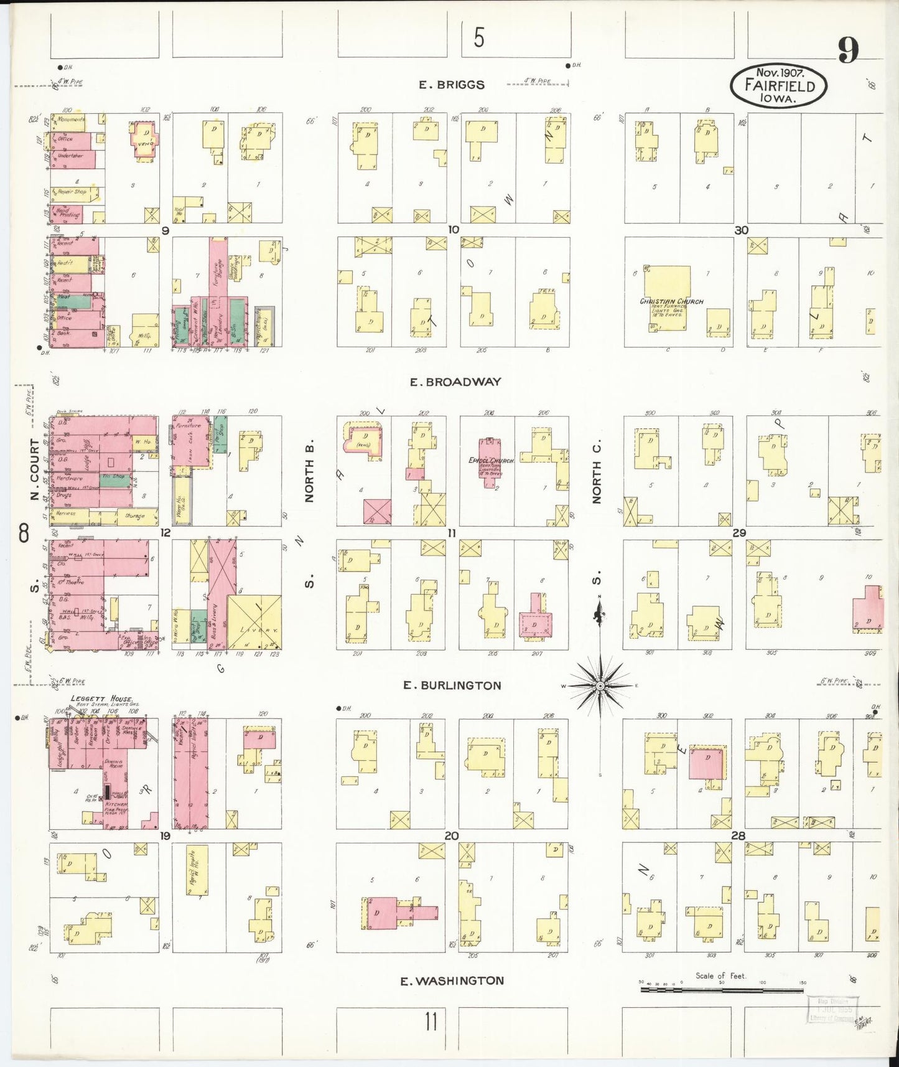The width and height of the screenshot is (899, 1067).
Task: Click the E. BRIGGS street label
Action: pyautogui.click(x=451, y=85)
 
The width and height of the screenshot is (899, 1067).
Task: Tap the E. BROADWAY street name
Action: pyautogui.click(x=455, y=382)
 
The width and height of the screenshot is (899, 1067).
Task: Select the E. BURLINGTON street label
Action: pyautogui.click(x=452, y=685)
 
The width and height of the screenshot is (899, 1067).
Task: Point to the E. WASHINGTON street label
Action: pyautogui.click(x=452, y=981)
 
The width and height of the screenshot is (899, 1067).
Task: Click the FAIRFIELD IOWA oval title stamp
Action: pyautogui.click(x=779, y=87)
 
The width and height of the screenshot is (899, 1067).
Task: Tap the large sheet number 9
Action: pyautogui.click(x=848, y=50)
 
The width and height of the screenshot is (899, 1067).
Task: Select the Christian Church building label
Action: pyautogui.click(x=671, y=301)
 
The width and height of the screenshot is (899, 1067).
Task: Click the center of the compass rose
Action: pyautogui.click(x=600, y=686)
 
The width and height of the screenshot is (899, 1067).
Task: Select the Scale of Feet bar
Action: pyautogui.click(x=722, y=989)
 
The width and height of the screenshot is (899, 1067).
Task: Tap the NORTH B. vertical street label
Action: pyautogui.click(x=309, y=473)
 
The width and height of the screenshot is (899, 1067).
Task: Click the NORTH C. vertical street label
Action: pyautogui.click(x=597, y=473)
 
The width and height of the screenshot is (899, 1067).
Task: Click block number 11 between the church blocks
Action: pyautogui.click(x=452, y=533)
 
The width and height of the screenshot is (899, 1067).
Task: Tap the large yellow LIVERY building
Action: pyautogui.click(x=254, y=623)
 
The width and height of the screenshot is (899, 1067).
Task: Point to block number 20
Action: pyautogui.click(x=452, y=835)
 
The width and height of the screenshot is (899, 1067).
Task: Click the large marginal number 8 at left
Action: pyautogui.click(x=24, y=533)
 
